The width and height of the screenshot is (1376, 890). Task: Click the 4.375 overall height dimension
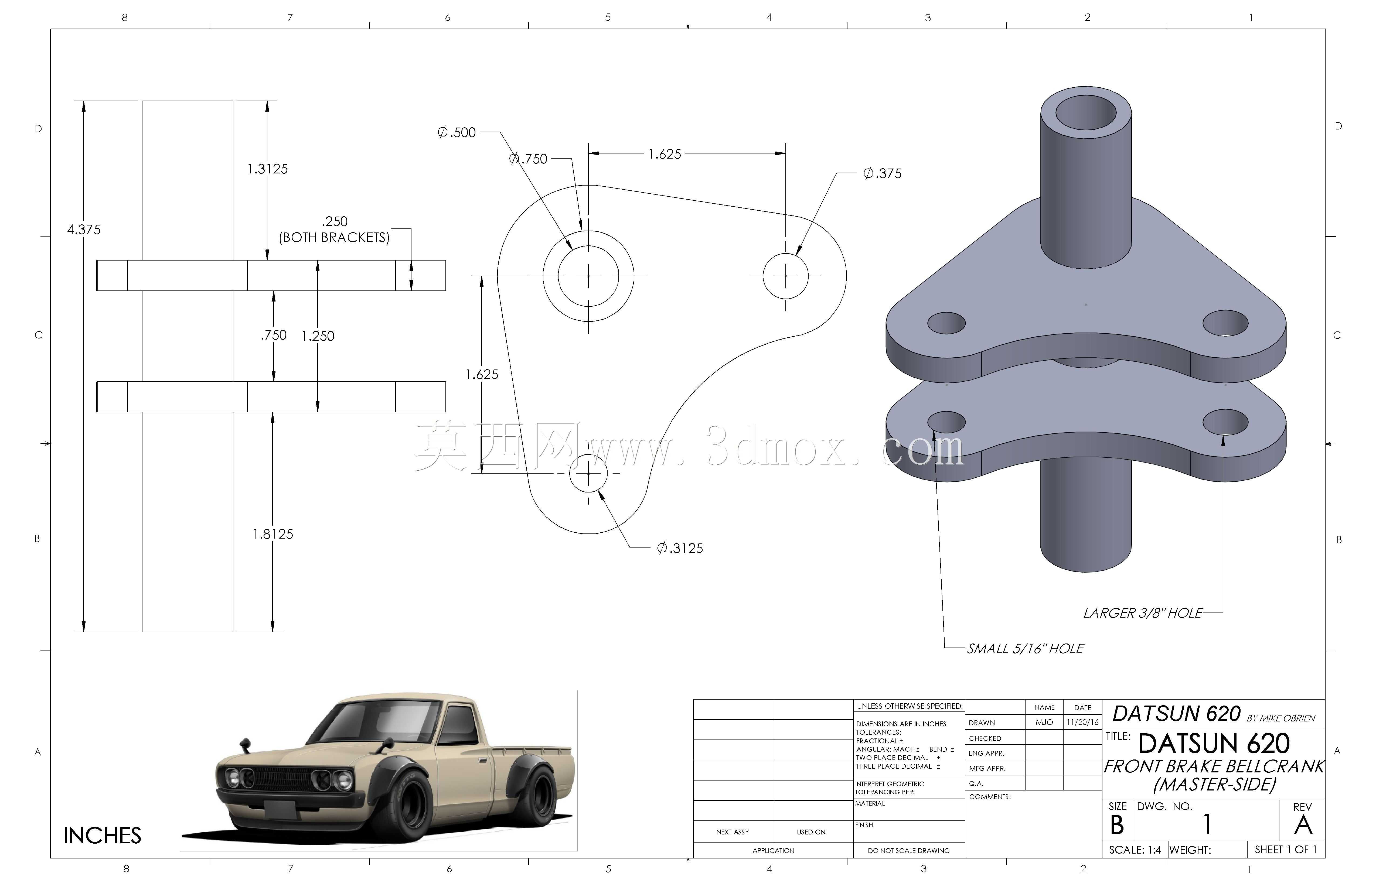[84, 230]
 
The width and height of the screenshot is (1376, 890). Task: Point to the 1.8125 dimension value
[273, 534]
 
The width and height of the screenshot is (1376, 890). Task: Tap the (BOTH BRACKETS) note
[334, 238]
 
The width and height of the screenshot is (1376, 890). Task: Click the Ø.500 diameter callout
[457, 132]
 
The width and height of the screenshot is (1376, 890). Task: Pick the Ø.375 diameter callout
[882, 173]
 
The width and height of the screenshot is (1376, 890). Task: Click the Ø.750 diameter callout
[529, 158]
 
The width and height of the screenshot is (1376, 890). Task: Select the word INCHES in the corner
[102, 836]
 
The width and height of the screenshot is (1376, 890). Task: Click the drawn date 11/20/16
[1082, 723]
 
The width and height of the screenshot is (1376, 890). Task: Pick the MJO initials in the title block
[1044, 723]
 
